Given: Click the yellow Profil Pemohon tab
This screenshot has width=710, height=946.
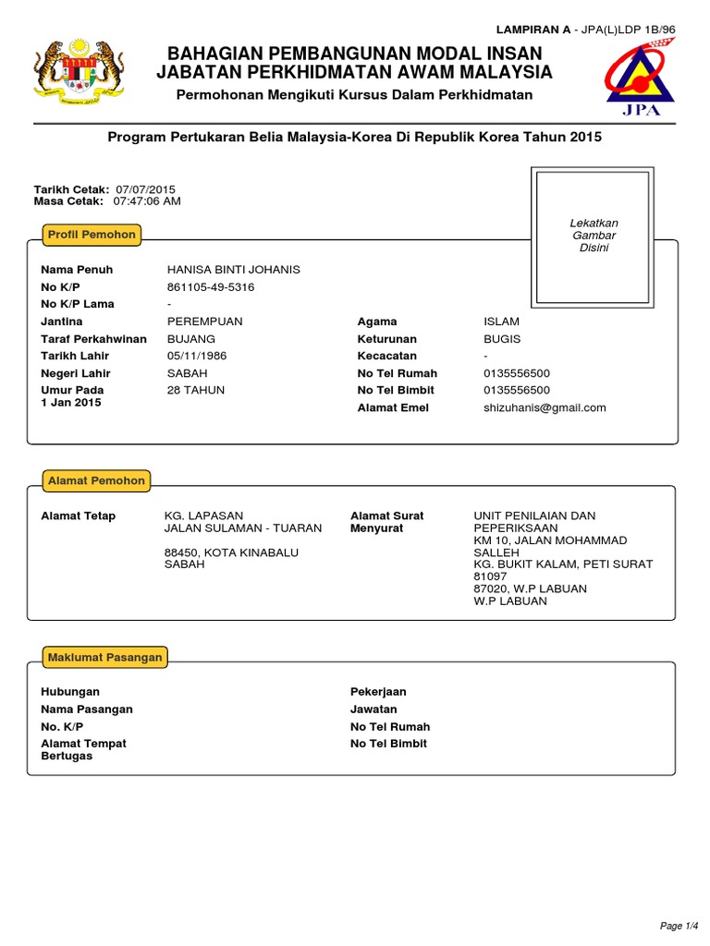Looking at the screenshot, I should [92, 235].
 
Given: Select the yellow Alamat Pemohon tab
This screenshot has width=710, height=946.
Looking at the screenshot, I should [96, 480].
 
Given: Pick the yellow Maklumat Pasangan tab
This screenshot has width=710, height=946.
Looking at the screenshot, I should [105, 658].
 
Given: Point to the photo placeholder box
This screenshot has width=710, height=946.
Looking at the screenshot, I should [593, 236].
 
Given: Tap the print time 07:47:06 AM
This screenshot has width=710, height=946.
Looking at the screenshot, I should [147, 200].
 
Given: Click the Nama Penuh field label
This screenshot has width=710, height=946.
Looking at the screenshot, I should [77, 270].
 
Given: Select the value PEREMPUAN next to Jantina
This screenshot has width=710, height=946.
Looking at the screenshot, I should [204, 321].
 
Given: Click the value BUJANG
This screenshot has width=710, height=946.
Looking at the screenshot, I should [190, 339].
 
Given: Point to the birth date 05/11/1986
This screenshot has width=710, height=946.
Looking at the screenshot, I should [196, 356].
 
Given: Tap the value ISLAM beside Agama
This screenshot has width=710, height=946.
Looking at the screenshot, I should [501, 321].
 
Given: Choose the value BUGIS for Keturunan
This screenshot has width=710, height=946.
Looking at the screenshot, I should [502, 339].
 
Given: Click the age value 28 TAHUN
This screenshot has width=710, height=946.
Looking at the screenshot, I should [195, 390].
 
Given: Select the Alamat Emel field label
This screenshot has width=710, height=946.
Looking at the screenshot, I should [393, 407].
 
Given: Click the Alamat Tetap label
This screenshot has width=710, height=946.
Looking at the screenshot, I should [79, 515].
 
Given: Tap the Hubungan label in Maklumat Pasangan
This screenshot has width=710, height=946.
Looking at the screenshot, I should [70, 692].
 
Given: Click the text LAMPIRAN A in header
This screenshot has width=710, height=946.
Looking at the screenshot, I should [533, 30].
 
